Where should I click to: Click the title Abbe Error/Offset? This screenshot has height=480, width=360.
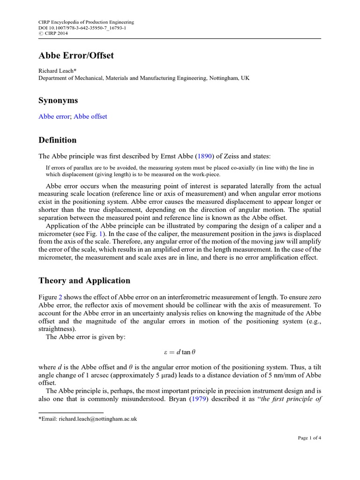[76, 56]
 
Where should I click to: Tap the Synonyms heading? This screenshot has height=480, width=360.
[58, 101]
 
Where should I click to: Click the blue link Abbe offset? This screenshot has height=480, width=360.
[90, 116]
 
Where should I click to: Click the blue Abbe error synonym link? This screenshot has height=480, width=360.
[53, 116]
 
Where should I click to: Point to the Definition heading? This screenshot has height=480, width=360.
[57, 140]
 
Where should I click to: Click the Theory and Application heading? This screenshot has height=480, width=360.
[84, 281]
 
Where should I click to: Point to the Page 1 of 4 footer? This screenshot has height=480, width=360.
[309, 438]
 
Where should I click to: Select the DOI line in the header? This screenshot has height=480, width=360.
[82, 28]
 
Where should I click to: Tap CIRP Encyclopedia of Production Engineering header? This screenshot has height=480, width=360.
[86, 22]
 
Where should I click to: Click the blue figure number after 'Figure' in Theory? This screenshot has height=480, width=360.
[60, 296]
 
